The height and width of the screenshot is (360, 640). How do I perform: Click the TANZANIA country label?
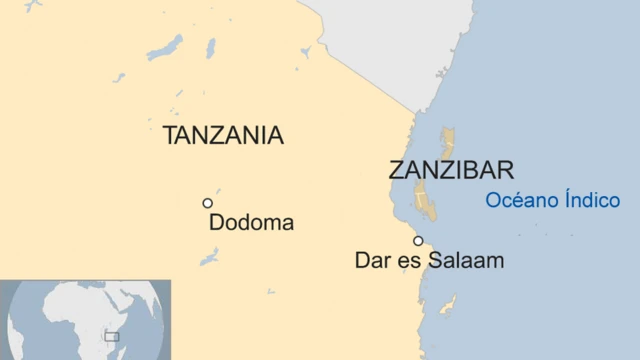tap(223, 136)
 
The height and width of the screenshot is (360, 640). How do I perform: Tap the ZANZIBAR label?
tap(451, 169)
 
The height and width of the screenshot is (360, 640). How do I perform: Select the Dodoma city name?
tap(251, 223)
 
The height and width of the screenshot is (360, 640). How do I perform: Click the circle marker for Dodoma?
tap(208, 203)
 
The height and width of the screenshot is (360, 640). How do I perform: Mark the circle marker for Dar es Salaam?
tap(418, 241)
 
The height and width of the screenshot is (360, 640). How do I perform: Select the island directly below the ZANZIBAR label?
tap(426, 201)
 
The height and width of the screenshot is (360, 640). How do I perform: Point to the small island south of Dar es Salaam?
tap(450, 303)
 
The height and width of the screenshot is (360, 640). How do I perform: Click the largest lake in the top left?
tap(165, 47)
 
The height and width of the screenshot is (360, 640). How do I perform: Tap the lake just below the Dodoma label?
tap(209, 257)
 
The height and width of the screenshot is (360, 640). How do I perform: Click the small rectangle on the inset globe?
tap(111, 337)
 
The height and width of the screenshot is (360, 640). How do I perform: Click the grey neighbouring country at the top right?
tap(380, 40)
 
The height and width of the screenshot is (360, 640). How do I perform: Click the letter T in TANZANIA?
tap(170, 136)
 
